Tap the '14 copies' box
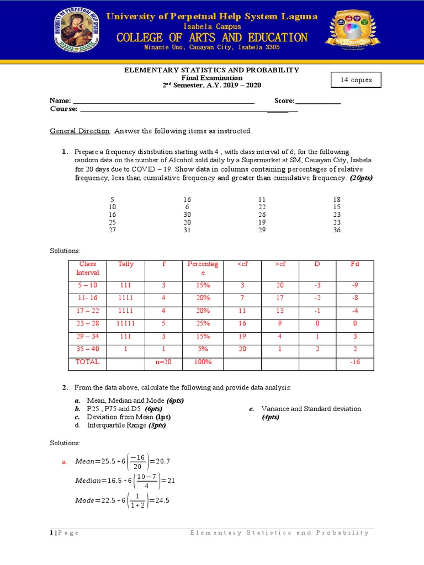click(356, 80)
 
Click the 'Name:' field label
click(60, 101)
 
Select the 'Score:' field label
click(284, 101)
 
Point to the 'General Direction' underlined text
click(80, 131)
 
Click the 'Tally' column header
click(126, 264)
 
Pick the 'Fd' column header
click(355, 264)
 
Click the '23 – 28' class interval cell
click(88, 324)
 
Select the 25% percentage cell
click(203, 324)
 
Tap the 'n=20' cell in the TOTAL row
click(164, 362)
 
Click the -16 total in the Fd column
click(355, 362)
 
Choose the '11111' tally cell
click(126, 324)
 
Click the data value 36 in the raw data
click(337, 230)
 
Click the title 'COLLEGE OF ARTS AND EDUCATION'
click(212, 38)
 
